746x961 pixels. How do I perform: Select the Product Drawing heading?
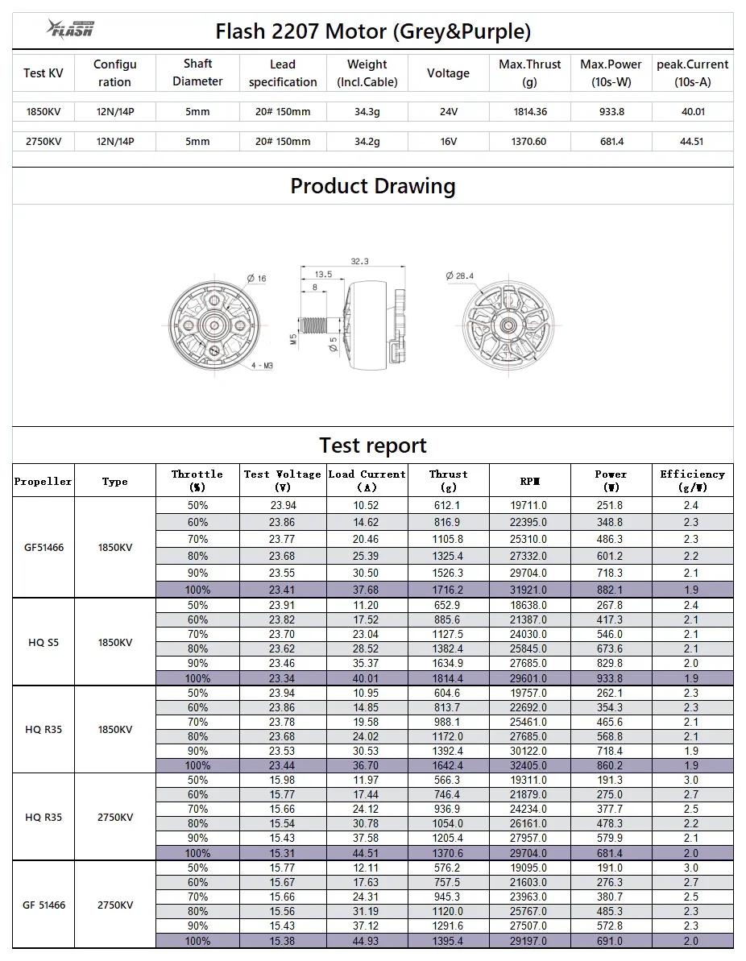(372, 186)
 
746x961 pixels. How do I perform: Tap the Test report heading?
(372, 445)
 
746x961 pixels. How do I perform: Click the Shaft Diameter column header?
(197, 72)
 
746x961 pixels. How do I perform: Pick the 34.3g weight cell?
(367, 112)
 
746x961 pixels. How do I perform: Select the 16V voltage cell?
(448, 141)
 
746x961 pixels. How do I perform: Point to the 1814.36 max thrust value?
(529, 112)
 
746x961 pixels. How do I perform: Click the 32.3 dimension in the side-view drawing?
(359, 261)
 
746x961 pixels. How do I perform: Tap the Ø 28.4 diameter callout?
(461, 275)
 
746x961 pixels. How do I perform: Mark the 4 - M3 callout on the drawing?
(262, 366)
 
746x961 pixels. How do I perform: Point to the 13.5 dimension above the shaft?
(323, 274)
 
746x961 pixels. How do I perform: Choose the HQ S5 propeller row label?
(43, 643)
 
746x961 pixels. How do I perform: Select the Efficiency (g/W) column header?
(692, 481)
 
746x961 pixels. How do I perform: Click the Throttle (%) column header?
(197, 481)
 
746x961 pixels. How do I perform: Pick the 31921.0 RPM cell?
(529, 590)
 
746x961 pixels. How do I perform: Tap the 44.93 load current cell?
(367, 941)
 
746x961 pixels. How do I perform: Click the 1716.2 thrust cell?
(448, 590)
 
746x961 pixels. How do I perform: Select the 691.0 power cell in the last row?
(611, 941)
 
